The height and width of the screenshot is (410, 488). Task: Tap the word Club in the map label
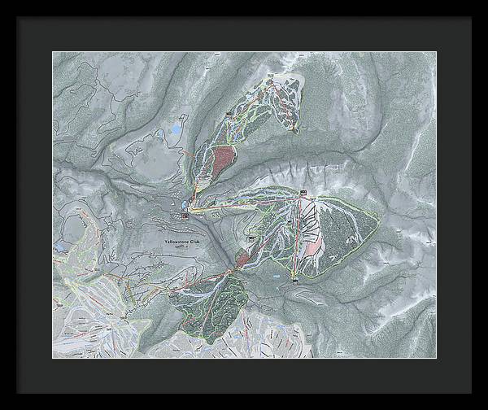point(194,242)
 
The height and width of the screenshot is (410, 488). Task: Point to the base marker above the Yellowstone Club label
point(186,216)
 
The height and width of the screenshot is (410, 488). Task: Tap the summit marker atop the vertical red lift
point(303,193)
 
